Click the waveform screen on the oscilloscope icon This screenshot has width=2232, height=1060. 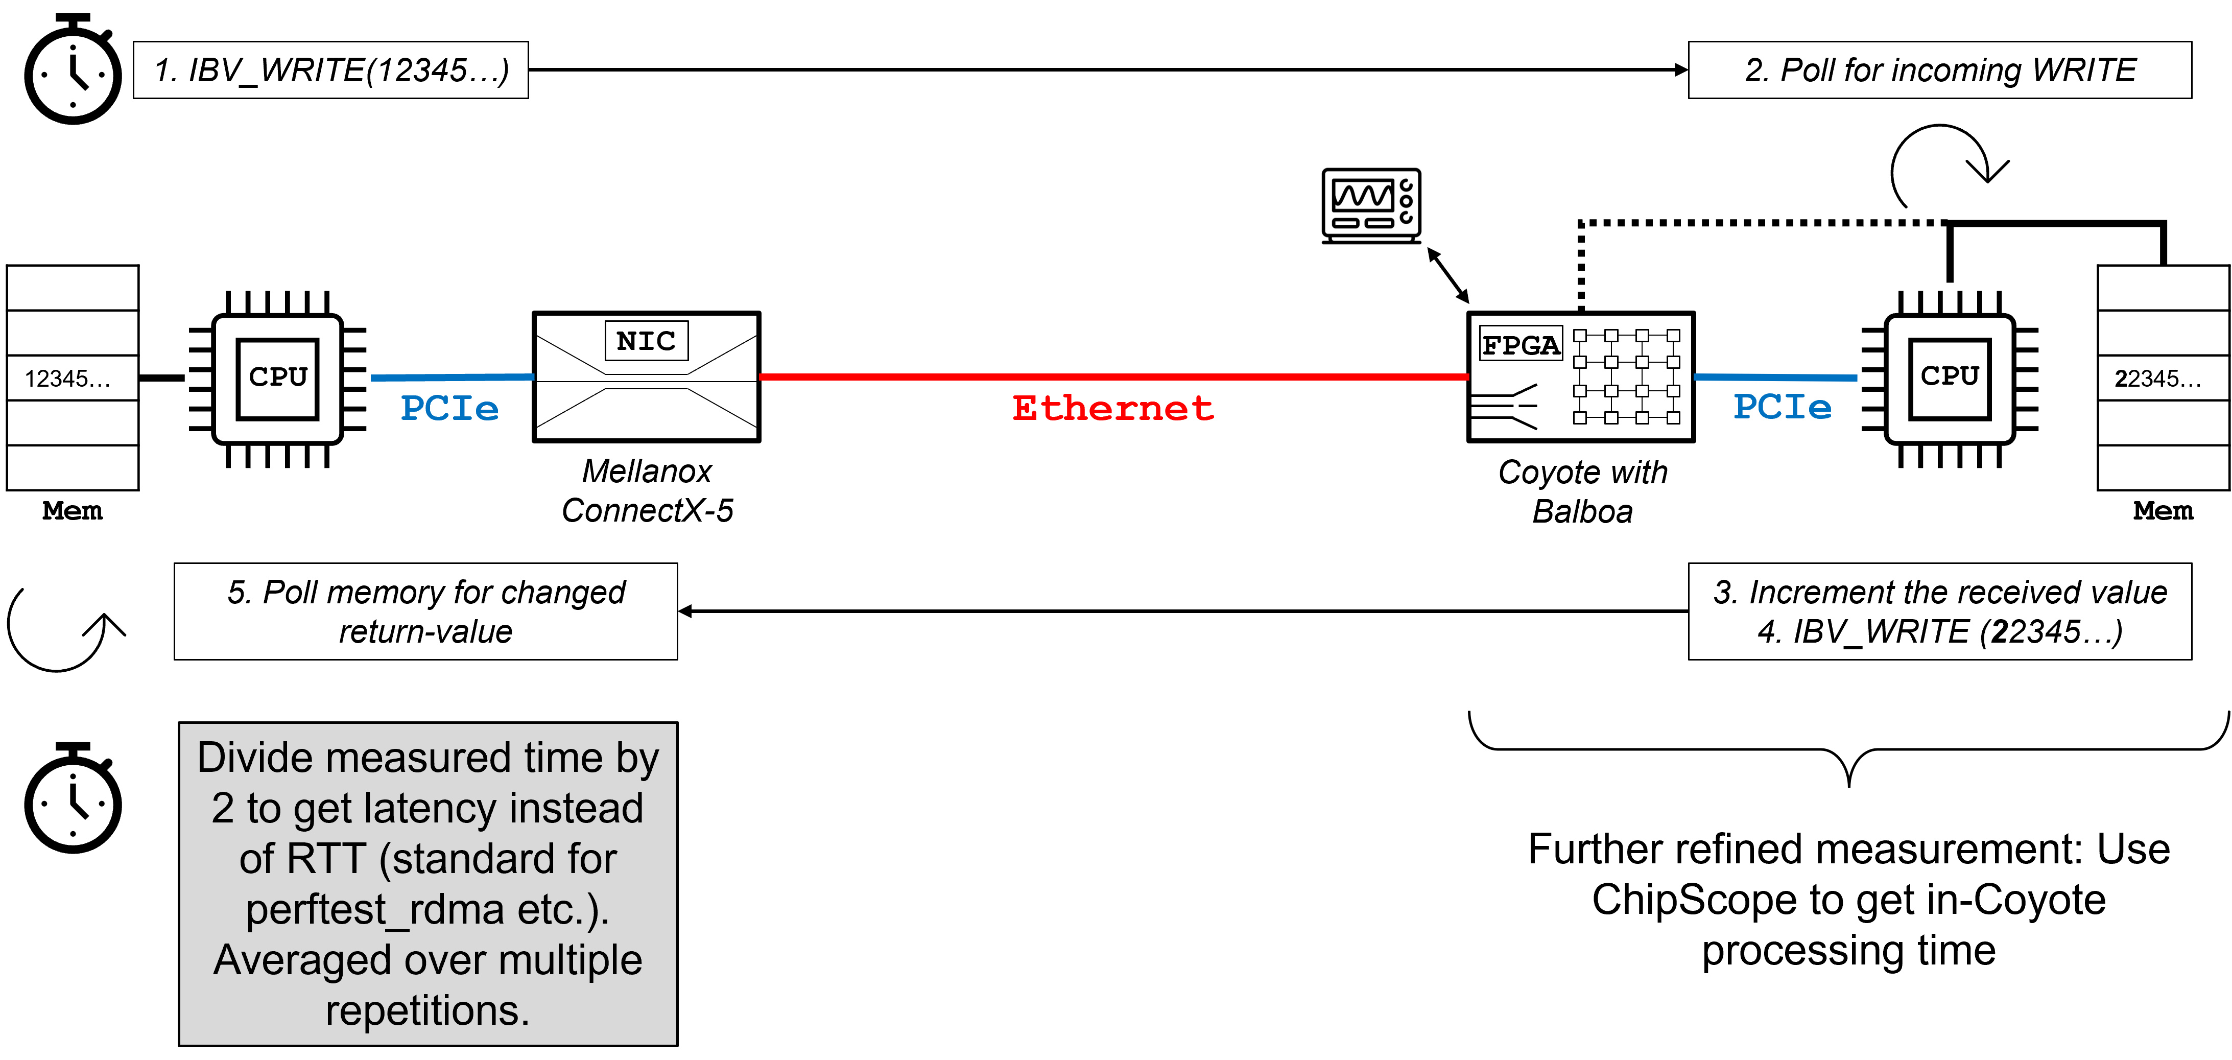pos(1363,195)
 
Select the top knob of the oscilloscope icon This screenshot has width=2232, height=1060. pos(1406,184)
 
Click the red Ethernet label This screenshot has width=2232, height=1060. pos(1113,408)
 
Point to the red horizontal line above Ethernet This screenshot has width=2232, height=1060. pos(1113,377)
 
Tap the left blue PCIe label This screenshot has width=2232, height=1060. pos(449,408)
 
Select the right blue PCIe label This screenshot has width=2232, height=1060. pos(1783,407)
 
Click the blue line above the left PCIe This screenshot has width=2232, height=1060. pos(453,377)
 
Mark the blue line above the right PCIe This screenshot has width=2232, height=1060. pos(1775,377)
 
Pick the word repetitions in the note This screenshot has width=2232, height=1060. pos(427,1010)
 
